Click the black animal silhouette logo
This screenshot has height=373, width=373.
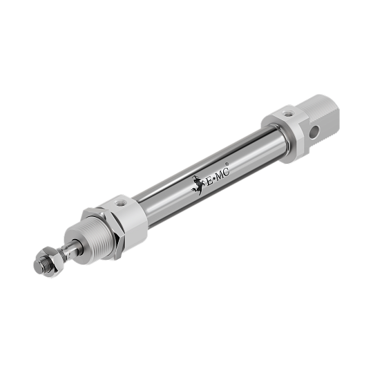pos(198,185)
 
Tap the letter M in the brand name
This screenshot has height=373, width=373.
pos(219,175)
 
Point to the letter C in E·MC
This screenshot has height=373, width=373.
pos(227,171)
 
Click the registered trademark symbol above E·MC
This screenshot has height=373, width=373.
pos(227,164)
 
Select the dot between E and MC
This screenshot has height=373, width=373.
pos(213,180)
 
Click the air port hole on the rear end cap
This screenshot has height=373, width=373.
pos(288,114)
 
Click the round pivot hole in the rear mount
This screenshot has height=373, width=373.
pos(314,132)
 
